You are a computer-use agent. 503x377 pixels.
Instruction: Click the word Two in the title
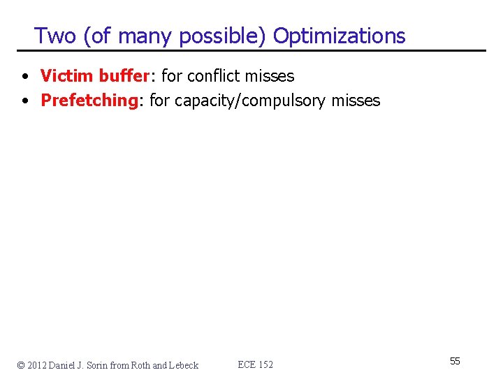pos(55,36)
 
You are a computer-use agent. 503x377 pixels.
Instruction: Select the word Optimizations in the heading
pos(339,36)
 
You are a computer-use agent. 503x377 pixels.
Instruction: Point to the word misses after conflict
pos(270,75)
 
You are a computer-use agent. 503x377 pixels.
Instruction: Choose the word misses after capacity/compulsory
pos(356,101)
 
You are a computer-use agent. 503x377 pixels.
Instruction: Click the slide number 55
pos(455,361)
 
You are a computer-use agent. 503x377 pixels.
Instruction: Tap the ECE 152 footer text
pos(256,365)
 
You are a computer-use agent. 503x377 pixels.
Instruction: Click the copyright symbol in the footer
pos(22,365)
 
